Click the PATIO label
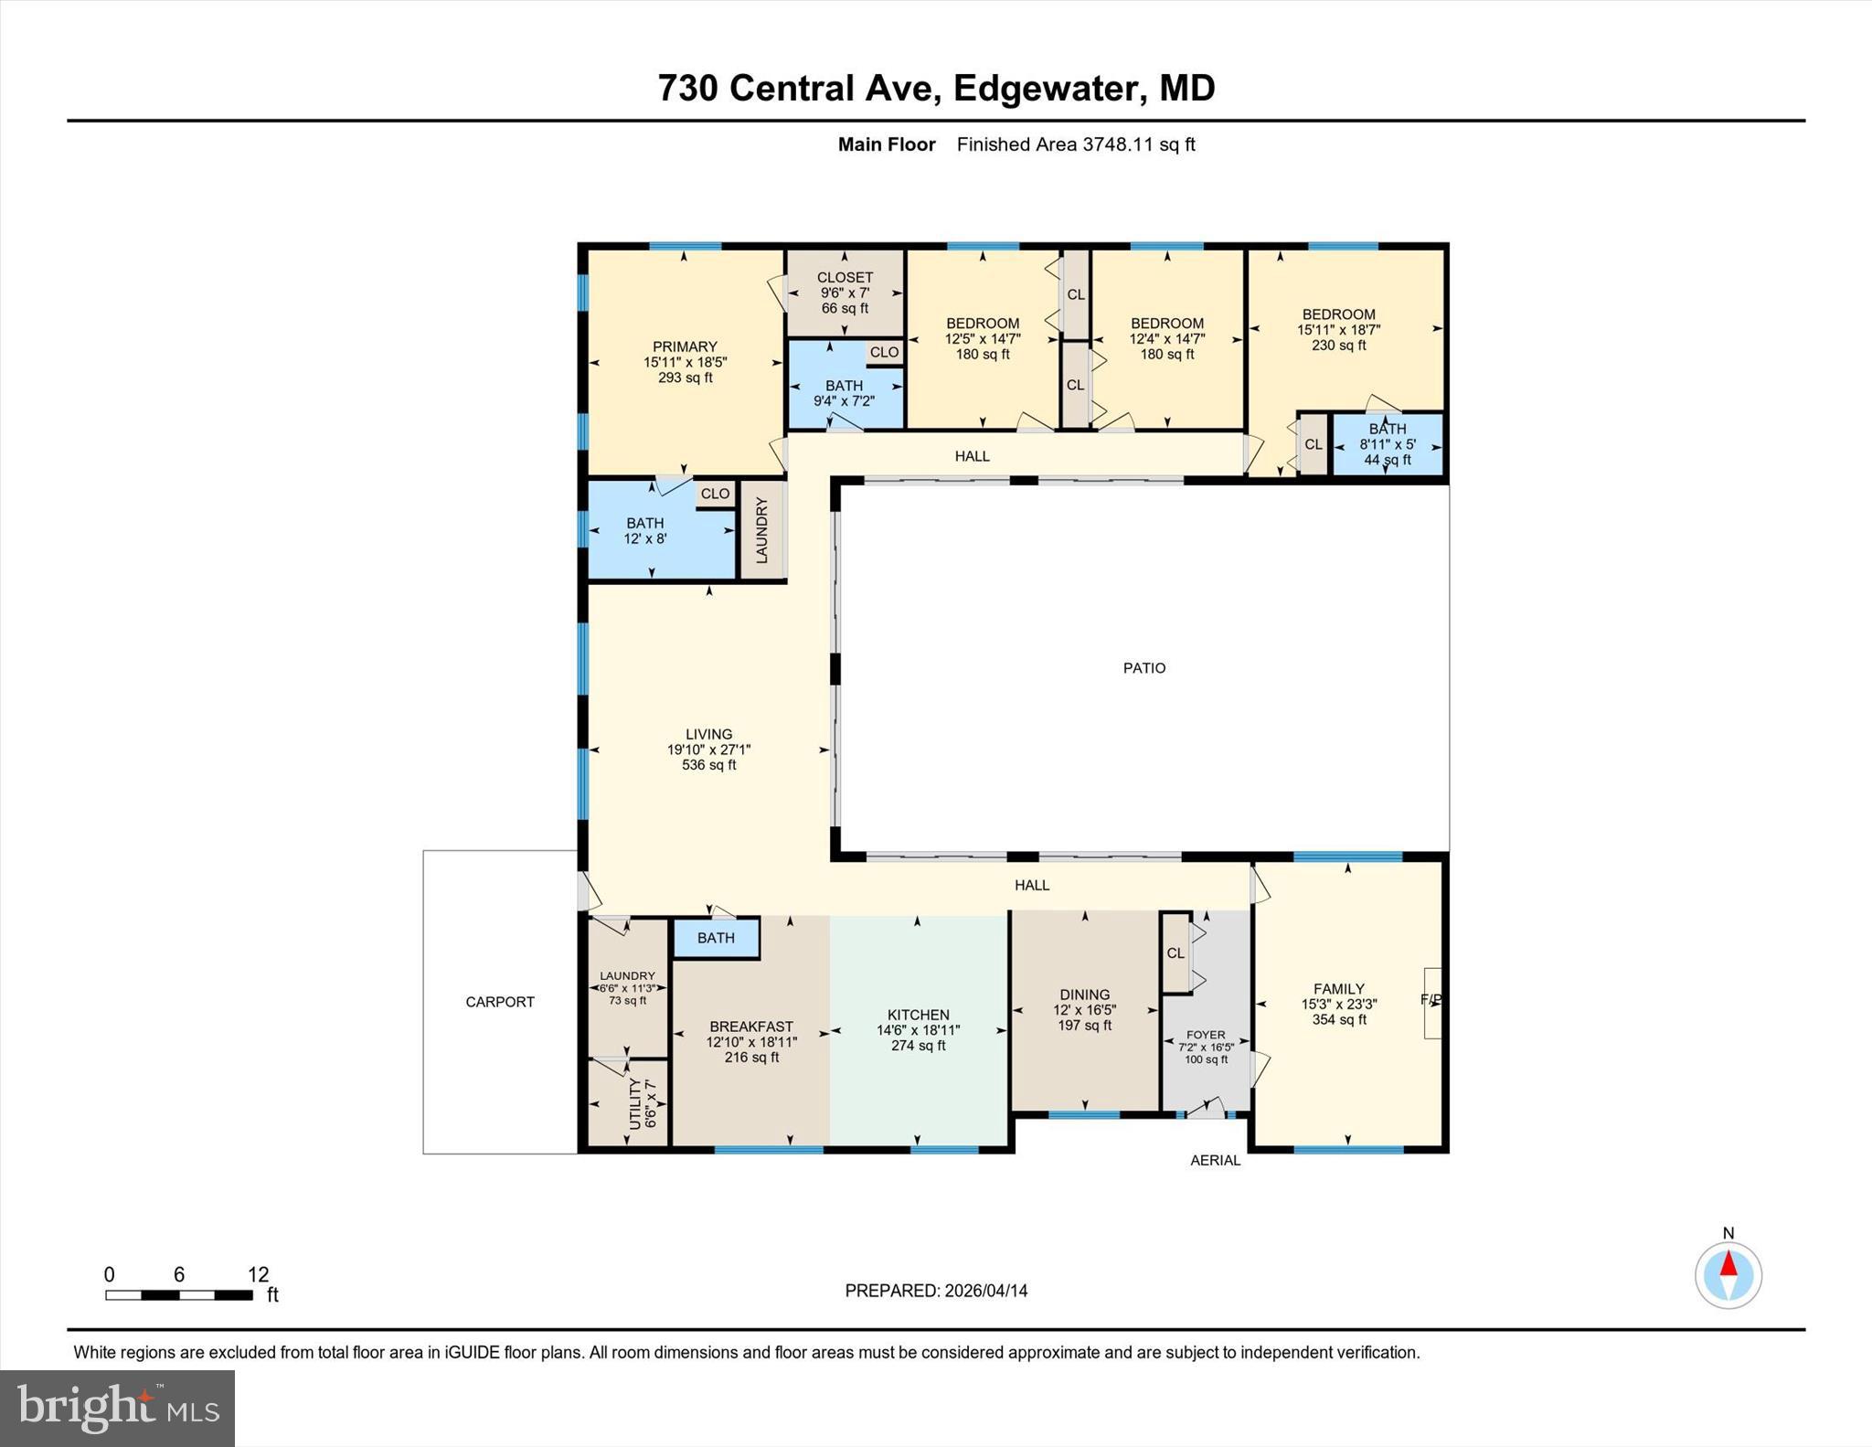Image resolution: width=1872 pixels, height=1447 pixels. click(x=1143, y=668)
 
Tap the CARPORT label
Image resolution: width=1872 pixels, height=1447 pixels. click(x=500, y=1002)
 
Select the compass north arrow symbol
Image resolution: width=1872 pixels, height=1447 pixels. click(x=1728, y=1275)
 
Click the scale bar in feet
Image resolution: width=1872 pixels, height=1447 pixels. click(x=179, y=1294)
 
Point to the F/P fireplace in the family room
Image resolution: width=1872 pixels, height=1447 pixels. click(x=1432, y=1002)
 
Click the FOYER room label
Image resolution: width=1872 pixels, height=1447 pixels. click(x=1206, y=1035)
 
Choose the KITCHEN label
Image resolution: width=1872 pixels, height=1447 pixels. click(x=918, y=1015)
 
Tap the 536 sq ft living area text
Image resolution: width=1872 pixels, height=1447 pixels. click(x=708, y=765)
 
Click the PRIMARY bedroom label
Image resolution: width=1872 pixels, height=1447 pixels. click(x=685, y=346)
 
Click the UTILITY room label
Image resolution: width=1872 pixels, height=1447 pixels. click(x=635, y=1103)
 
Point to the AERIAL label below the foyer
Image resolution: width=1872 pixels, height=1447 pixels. click(x=1215, y=1160)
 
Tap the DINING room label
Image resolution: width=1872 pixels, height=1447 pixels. click(x=1084, y=995)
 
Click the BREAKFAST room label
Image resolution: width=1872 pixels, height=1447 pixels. click(x=751, y=1027)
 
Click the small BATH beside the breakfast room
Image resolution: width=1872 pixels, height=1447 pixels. click(x=716, y=938)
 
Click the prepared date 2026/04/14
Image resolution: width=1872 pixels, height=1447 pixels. click(x=986, y=1291)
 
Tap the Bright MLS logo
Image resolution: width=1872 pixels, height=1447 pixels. click(x=118, y=1409)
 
